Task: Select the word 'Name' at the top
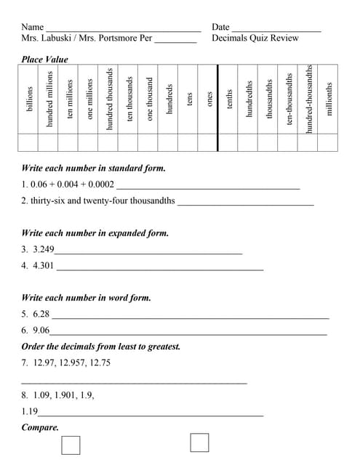(33, 27)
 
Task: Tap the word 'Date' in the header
(220, 27)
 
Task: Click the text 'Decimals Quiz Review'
(255, 38)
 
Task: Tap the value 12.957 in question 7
(73, 362)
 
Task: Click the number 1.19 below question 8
(30, 411)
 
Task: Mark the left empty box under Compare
(71, 444)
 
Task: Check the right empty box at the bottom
(199, 442)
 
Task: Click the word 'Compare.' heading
(40, 427)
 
